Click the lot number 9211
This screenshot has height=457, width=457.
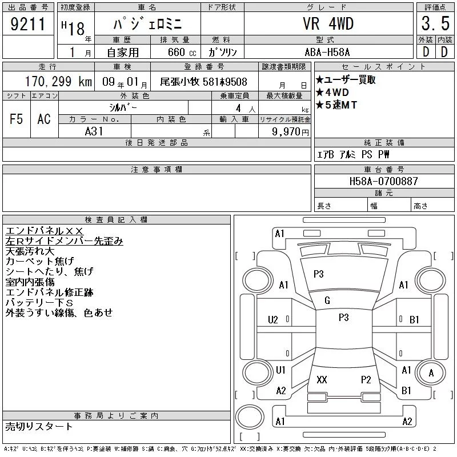coord(28,23)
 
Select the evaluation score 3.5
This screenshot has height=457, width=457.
coord(435,23)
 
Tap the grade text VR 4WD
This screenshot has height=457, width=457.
coord(328,23)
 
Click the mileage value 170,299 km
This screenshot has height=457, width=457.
coord(58,81)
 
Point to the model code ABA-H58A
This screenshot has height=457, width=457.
coord(327,52)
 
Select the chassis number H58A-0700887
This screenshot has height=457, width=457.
coord(383,181)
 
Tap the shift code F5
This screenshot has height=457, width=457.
coord(17,119)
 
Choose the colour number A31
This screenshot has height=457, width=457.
coord(94,131)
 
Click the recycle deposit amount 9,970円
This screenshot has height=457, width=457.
coord(290,132)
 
